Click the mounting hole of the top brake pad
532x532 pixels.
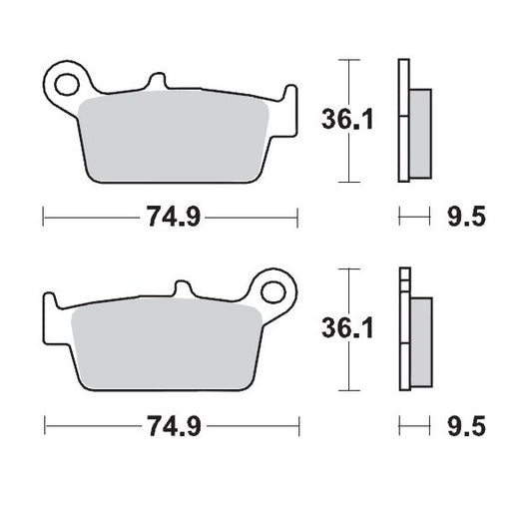[x=68, y=79]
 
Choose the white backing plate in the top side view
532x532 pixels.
[x=403, y=120]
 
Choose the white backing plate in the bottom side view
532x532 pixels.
[x=403, y=330]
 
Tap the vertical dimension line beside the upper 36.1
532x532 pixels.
[x=346, y=120]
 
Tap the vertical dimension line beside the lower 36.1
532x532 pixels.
[x=346, y=330]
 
